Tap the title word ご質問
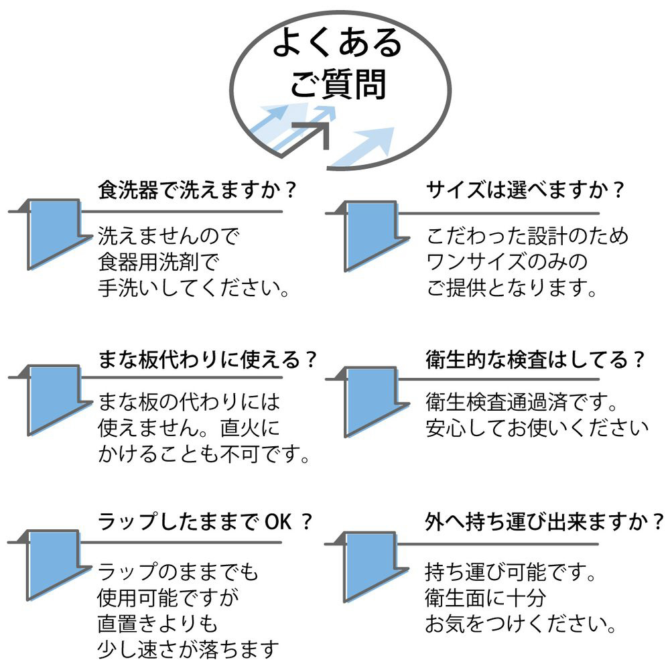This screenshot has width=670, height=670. (337, 85)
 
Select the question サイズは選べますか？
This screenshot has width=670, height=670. (525, 190)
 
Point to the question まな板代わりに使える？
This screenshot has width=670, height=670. (207, 359)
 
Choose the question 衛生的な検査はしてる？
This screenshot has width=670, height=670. (535, 359)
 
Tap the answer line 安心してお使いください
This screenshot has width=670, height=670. (537, 427)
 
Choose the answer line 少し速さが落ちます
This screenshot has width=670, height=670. (188, 649)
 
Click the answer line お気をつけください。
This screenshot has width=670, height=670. (521, 624)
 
